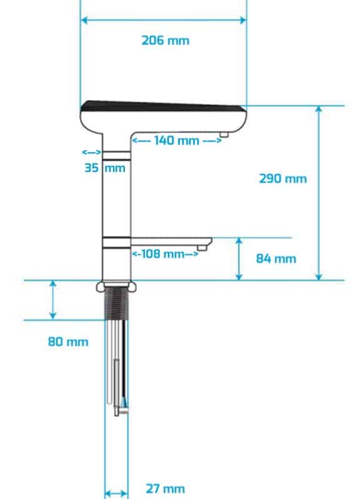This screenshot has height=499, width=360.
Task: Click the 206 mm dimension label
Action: (x=165, y=41)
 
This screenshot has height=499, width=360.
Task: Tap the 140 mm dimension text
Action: (x=177, y=140)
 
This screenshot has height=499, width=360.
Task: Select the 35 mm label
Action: (x=105, y=168)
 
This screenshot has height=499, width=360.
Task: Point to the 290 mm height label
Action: (x=282, y=179)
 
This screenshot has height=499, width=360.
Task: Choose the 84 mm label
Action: (x=276, y=258)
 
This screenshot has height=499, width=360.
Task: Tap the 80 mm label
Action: (x=68, y=342)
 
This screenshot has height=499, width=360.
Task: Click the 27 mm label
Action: (x=165, y=488)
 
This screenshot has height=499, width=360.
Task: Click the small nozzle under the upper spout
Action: (x=224, y=134)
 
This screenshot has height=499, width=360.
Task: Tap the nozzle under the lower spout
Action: (x=201, y=247)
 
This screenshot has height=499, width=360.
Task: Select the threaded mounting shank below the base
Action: (x=116, y=303)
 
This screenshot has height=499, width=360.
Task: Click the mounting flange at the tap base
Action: (x=116, y=286)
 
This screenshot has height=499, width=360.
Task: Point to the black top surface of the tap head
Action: (x=163, y=106)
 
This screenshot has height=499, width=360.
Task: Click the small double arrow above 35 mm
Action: (x=92, y=152)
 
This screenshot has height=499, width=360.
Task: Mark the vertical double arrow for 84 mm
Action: (x=239, y=259)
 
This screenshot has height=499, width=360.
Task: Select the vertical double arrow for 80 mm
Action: (x=53, y=300)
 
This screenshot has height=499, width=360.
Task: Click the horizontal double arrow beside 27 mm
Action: (x=116, y=494)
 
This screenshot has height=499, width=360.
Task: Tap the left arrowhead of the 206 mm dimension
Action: (x=84, y=21)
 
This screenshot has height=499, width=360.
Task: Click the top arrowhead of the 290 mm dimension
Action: (x=319, y=109)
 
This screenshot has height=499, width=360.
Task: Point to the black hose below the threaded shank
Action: (x=124, y=363)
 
